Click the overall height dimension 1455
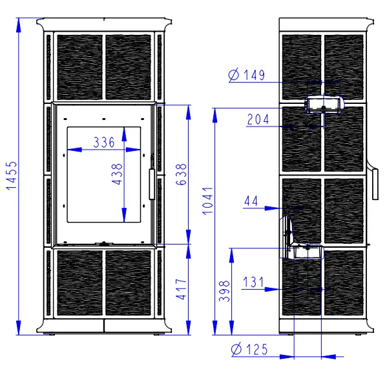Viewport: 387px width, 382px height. (x=12, y=176)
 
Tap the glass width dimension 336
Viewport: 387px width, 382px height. (x=104, y=142)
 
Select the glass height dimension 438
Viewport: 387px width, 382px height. (x=117, y=174)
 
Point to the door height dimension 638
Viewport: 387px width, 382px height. (x=181, y=174)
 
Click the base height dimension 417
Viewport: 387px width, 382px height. (x=181, y=289)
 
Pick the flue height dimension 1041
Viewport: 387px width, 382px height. (x=207, y=201)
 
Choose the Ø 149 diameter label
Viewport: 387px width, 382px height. (x=247, y=75)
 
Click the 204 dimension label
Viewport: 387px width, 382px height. (x=258, y=119)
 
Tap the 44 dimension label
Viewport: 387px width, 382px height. (x=251, y=201)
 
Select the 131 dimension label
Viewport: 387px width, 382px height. (x=253, y=282)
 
